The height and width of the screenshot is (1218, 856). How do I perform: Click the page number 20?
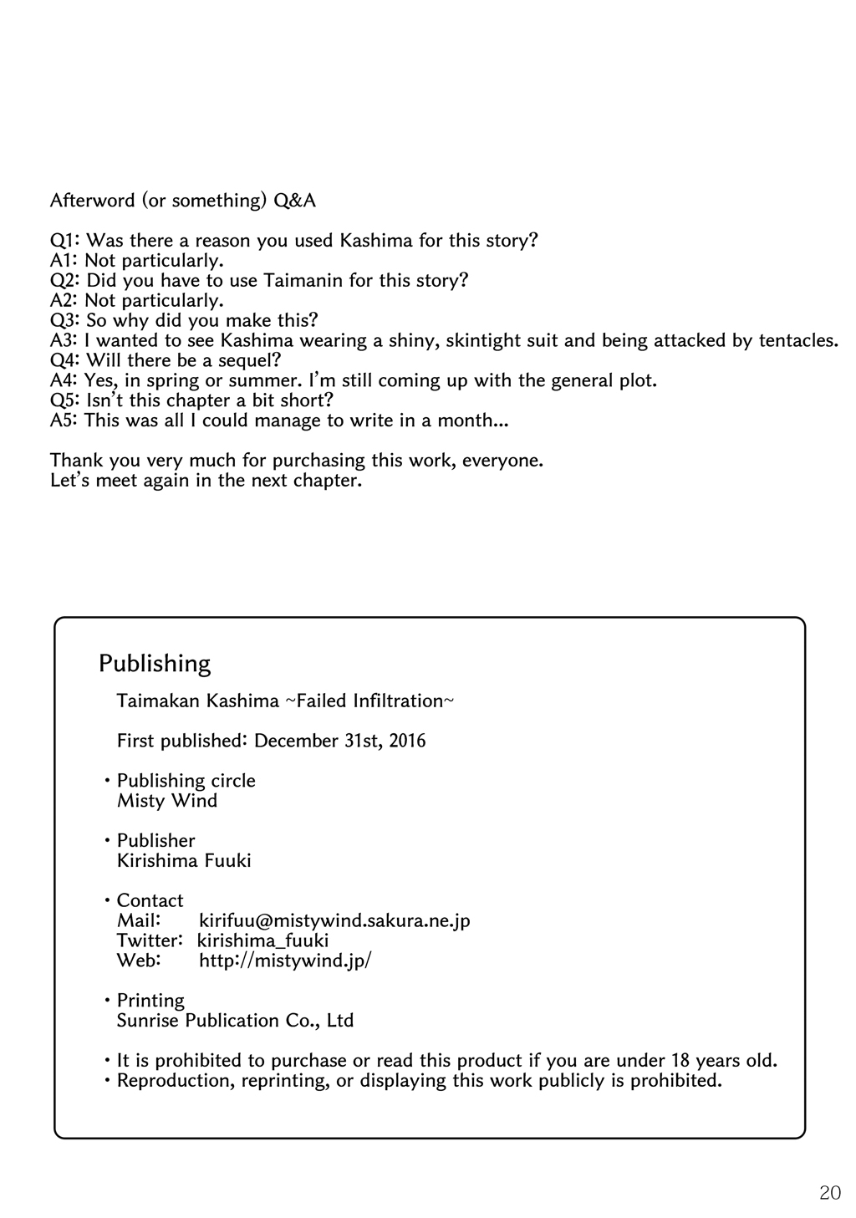[830, 1193]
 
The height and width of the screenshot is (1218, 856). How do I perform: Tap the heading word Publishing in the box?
[155, 664]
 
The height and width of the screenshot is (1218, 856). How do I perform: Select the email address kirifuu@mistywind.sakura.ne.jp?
[334, 920]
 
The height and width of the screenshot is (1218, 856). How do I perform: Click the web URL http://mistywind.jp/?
[285, 961]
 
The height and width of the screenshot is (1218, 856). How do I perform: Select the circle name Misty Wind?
[167, 801]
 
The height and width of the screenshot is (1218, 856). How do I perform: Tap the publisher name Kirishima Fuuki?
[184, 860]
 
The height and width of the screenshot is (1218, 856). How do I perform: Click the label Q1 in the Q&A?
[64, 241]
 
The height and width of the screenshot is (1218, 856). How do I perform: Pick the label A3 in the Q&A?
[64, 340]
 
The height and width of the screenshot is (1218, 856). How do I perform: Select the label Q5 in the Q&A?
[64, 400]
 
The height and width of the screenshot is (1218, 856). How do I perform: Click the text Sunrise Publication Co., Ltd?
[235, 1021]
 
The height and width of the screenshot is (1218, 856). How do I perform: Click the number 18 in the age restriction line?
[680, 1061]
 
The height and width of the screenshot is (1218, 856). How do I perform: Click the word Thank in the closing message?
[73, 461]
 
